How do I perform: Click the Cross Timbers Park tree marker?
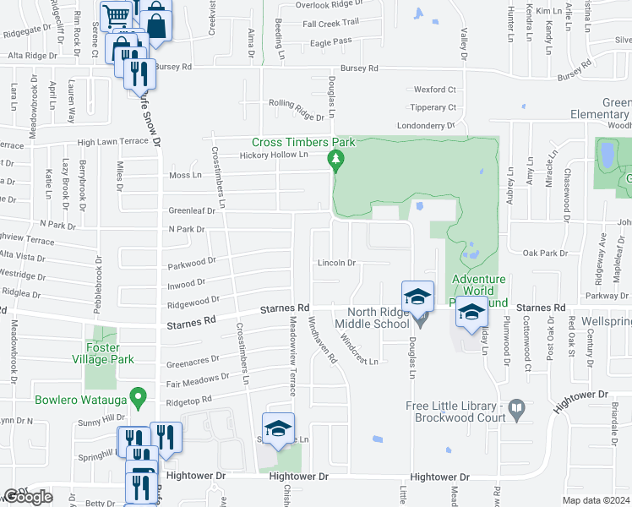336,160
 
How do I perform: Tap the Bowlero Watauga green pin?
141,395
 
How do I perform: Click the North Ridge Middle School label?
372,318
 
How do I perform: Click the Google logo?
28,497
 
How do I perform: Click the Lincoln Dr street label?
337,263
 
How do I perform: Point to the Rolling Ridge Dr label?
297,108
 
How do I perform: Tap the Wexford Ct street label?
434,90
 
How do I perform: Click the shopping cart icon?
117,15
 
